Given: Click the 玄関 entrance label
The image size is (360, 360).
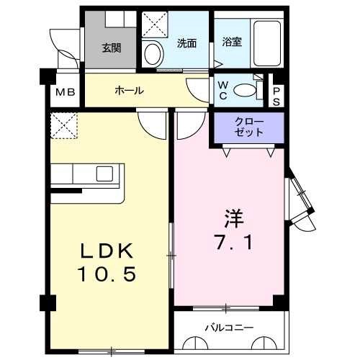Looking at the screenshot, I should click(x=111, y=48).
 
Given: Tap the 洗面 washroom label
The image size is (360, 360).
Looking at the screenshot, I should click(x=187, y=43).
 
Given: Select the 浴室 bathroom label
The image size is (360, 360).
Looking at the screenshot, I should click(x=232, y=42).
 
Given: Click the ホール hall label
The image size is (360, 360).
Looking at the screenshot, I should click(x=130, y=91).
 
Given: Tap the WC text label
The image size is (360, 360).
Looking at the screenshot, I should click(x=223, y=90).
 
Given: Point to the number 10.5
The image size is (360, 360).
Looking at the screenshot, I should click(x=107, y=274).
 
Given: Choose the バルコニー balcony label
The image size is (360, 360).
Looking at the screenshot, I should click(x=229, y=328).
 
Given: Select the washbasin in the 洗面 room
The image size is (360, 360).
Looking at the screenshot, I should click(x=152, y=52).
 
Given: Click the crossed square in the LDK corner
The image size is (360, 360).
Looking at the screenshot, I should click(x=63, y=125).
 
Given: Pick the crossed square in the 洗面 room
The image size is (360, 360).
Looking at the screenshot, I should click(x=154, y=24).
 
